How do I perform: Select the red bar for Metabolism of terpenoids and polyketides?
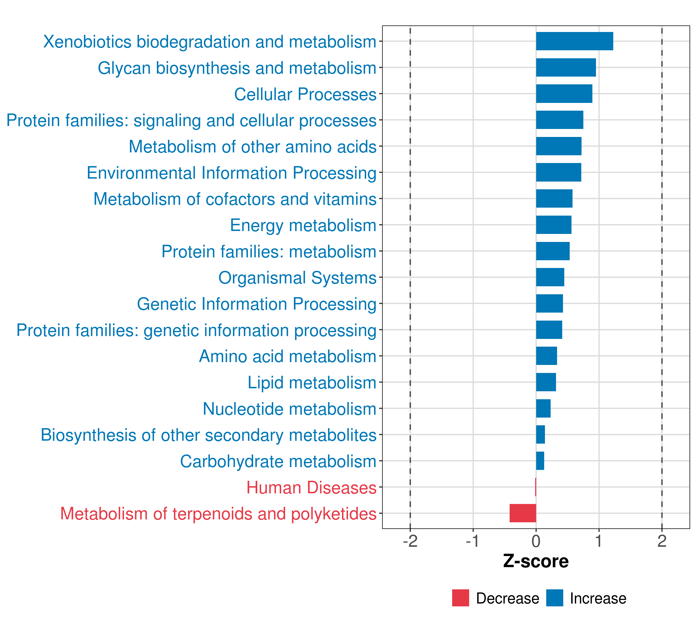pyautogui.click(x=523, y=513)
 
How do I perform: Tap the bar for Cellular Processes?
pyautogui.click(x=564, y=94)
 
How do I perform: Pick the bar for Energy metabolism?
pyautogui.click(x=554, y=225)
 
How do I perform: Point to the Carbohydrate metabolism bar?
pyautogui.click(x=540, y=461)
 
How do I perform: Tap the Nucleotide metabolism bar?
pyautogui.click(x=543, y=408)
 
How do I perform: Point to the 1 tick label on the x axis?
pyautogui.click(x=599, y=541)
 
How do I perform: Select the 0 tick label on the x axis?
pyautogui.click(x=536, y=541)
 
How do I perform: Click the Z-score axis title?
pyautogui.click(x=536, y=562)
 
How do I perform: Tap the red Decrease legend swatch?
pyautogui.click(x=460, y=598)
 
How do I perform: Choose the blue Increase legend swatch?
pyautogui.click(x=555, y=598)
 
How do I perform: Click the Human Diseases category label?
pyautogui.click(x=311, y=487)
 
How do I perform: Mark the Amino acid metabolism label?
pyautogui.click(x=287, y=356)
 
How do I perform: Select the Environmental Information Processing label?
pyautogui.click(x=231, y=173)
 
